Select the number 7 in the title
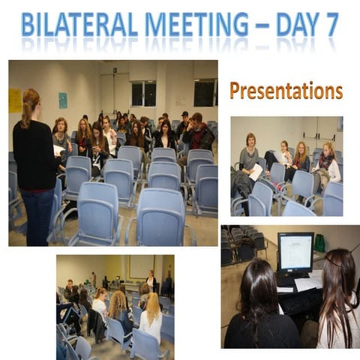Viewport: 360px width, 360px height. click(328, 25)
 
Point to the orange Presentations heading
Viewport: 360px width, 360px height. click(286, 91)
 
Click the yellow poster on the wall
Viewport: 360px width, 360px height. click(15, 100)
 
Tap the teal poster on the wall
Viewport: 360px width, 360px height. click(63, 100)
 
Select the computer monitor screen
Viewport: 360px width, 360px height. click(295, 253)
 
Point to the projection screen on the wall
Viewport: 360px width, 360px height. click(140, 266)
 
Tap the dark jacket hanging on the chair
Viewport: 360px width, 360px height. click(97, 324)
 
